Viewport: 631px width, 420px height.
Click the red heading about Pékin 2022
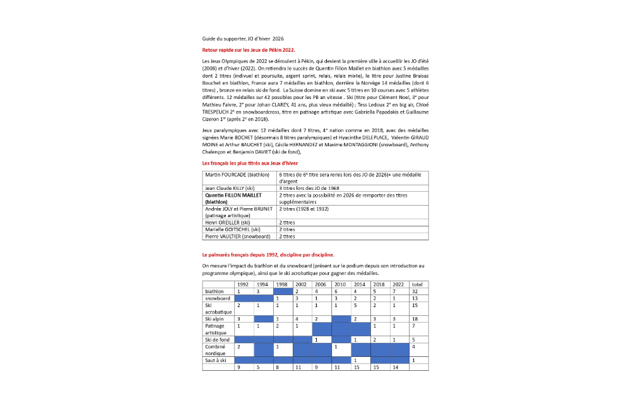tap(248, 49)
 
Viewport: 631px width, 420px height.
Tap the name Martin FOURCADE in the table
tap(228, 174)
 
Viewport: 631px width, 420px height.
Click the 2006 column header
tap(321, 284)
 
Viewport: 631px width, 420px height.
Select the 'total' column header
tap(418, 284)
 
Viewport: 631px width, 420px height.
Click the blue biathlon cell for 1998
tap(283, 291)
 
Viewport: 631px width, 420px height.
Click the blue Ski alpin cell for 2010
tap(341, 319)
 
